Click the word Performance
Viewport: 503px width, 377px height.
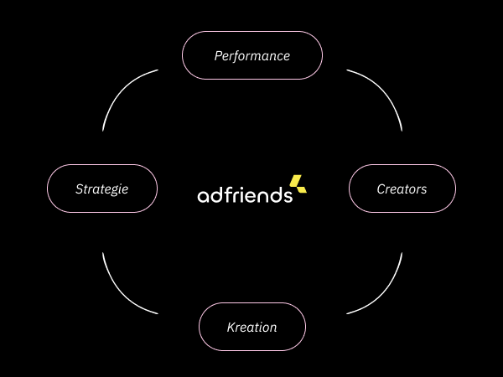[x=251, y=56]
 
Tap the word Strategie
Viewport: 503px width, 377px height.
[x=101, y=188]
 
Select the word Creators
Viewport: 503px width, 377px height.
[x=402, y=188]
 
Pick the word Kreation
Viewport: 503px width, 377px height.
[x=251, y=327]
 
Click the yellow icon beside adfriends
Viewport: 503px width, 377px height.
[x=298, y=183]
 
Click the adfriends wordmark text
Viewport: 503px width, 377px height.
[x=245, y=194]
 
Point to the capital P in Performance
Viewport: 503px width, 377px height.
[x=218, y=56]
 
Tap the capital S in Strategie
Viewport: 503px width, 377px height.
[x=79, y=188]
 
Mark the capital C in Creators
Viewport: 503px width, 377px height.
[x=381, y=188]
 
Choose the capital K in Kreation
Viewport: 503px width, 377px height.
[x=231, y=327]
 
